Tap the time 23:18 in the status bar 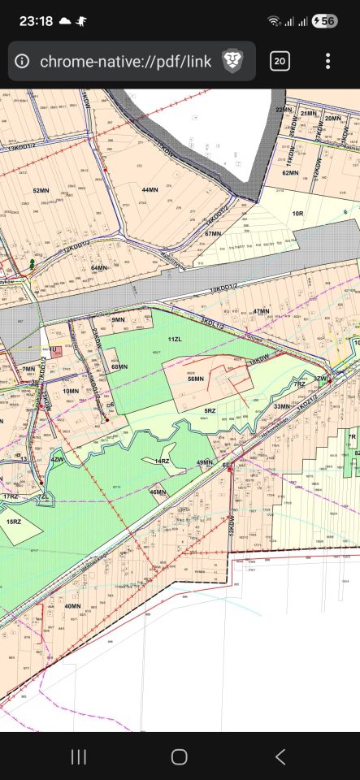click(x=36, y=20)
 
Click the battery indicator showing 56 click(x=324, y=21)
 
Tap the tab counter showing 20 click(x=280, y=61)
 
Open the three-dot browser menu click(x=327, y=61)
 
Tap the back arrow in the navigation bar click(x=280, y=756)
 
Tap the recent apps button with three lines click(x=79, y=756)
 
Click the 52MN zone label click(x=41, y=191)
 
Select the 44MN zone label click(x=150, y=189)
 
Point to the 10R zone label click(x=297, y=213)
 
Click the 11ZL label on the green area click(x=174, y=338)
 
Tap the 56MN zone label click(x=196, y=379)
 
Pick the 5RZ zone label click(x=210, y=411)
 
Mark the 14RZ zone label click(x=161, y=461)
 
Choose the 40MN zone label click(x=72, y=606)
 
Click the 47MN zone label click(x=261, y=311)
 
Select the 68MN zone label click(x=120, y=367)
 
